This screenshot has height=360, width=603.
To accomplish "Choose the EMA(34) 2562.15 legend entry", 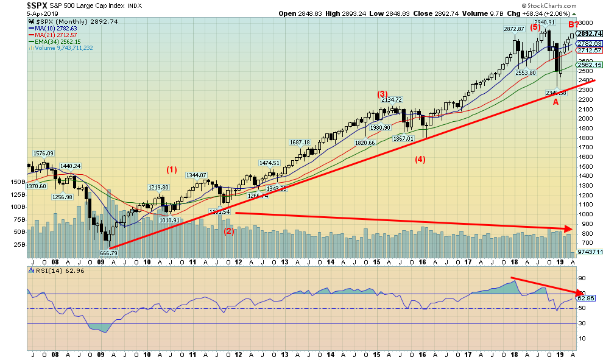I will point(59,41).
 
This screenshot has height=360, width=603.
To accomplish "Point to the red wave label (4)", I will point(420,160).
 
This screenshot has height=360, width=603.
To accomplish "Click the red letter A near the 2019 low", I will point(555,102).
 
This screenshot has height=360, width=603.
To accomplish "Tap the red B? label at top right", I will point(574,24).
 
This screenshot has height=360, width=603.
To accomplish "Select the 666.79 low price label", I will point(108,252).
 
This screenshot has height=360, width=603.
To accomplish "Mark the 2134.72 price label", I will point(390,99).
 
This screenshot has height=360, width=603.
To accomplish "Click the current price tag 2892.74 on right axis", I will point(590,34).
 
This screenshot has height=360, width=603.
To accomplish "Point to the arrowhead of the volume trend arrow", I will point(571,229).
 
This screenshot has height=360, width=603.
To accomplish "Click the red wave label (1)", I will point(172,169).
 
